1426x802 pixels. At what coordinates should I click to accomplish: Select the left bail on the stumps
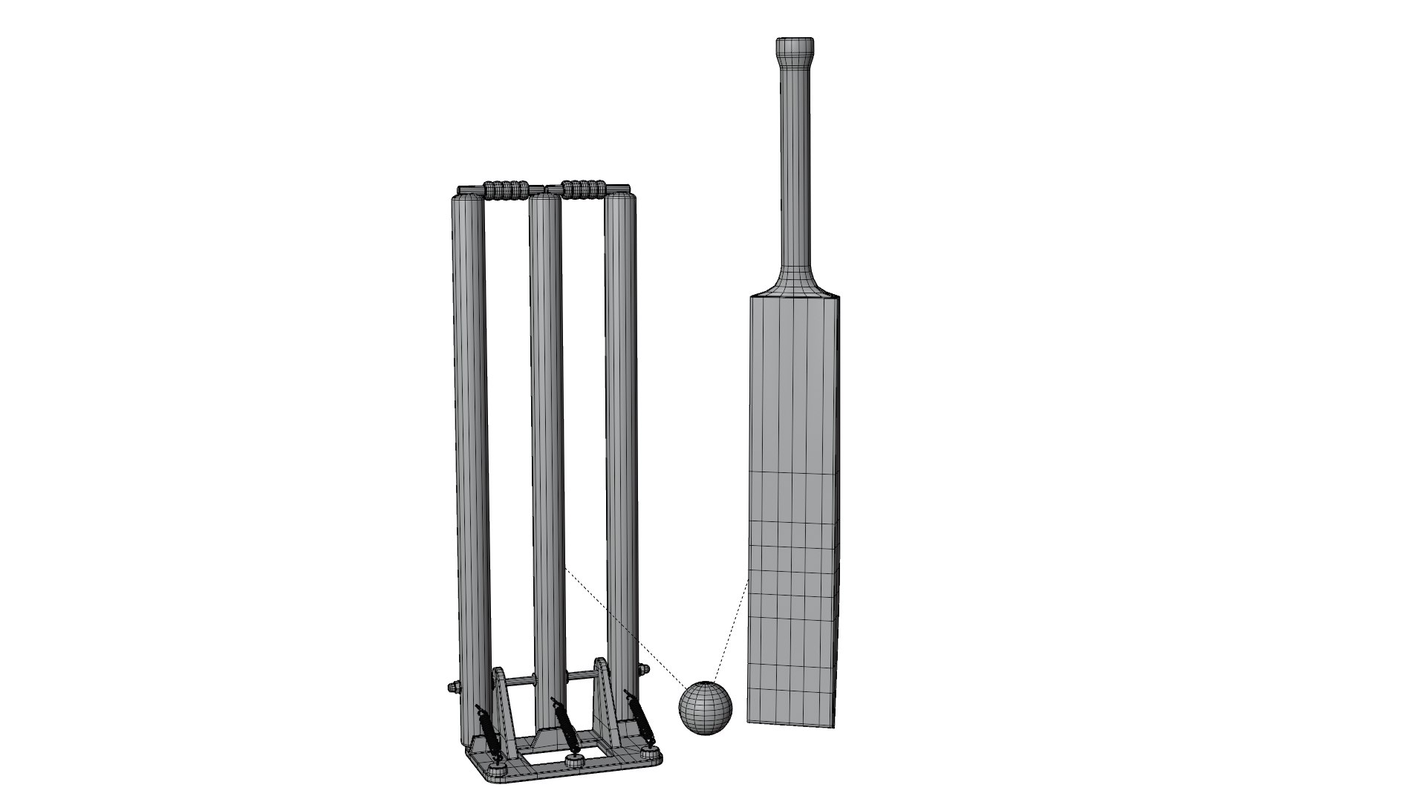click(x=507, y=189)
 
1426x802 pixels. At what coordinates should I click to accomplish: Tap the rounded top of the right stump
click(x=620, y=198)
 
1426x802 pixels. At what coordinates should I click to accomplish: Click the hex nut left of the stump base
click(x=450, y=687)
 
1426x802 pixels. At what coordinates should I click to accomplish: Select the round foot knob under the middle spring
click(x=574, y=781)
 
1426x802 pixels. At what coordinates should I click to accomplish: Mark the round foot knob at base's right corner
click(x=653, y=776)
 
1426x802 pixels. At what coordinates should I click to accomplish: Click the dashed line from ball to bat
click(x=732, y=631)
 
